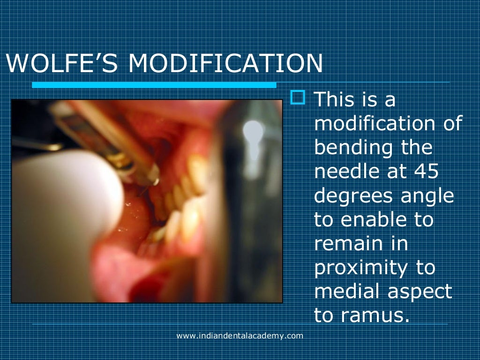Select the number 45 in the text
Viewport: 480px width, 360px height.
426,172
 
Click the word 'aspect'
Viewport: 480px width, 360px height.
420,292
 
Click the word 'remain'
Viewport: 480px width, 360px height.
349,244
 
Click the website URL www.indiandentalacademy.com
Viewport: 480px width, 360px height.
240,336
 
